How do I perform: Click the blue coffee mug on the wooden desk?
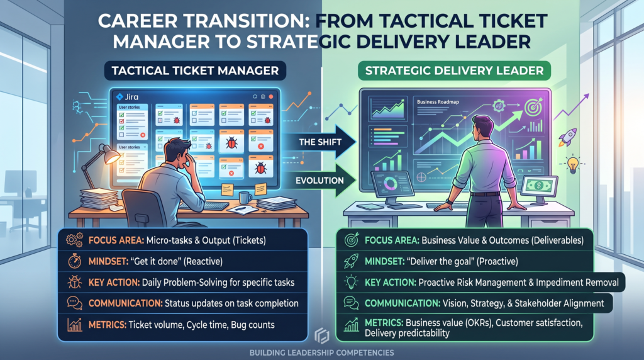[245, 198]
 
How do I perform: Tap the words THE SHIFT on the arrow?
[320, 142]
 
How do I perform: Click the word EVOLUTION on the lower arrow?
[319, 181]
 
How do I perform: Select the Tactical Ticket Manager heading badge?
[195, 70]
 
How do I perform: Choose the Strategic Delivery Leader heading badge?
[454, 70]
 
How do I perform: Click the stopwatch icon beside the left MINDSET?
[74, 261]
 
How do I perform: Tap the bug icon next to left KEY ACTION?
[74, 283]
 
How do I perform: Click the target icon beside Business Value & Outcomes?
[352, 240]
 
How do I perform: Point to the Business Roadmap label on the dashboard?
[438, 102]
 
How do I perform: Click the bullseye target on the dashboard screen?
[533, 107]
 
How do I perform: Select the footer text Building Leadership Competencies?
[321, 352]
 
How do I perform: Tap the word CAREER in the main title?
[139, 21]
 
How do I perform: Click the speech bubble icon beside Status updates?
[74, 303]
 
